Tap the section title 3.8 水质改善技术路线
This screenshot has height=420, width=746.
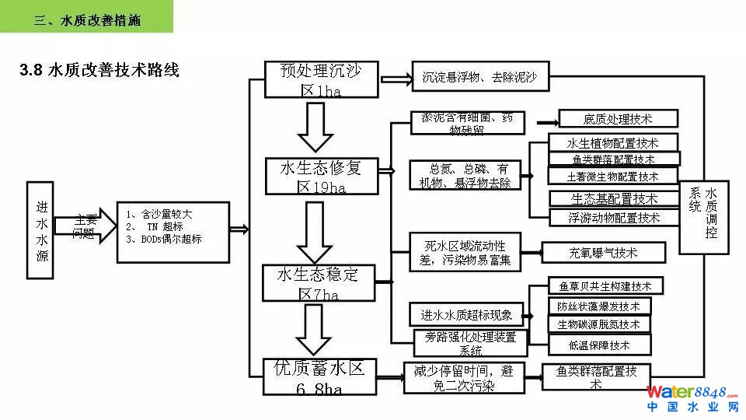coord(99,71)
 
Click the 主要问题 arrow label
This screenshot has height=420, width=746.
coord(85,226)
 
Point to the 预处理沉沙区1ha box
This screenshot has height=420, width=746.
coord(321,79)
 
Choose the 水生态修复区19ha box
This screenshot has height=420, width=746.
coord(321,177)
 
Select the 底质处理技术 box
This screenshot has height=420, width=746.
coord(618,119)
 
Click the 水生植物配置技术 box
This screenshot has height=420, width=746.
coord(612,143)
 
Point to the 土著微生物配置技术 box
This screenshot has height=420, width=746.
coord(612,177)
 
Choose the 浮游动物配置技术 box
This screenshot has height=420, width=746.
coord(614,218)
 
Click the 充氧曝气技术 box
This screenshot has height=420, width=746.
coord(603,253)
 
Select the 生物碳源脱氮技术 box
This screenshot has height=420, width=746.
coord(599,324)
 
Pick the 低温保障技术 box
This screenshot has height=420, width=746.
coord(599,345)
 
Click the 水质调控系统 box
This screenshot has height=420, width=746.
coord(704,218)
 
